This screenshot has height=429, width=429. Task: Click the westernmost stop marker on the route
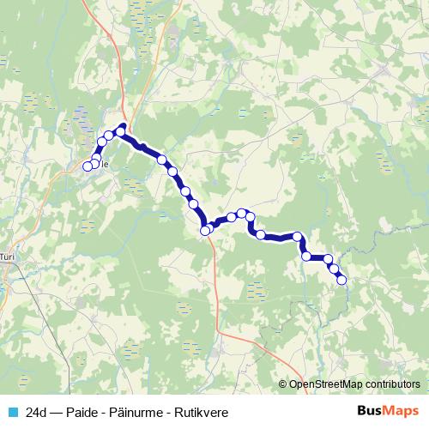click(x=87, y=166)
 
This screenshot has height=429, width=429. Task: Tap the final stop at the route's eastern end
click(x=341, y=279)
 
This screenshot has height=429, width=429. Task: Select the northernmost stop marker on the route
click(x=121, y=129)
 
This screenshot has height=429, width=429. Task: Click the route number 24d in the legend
click(x=37, y=412)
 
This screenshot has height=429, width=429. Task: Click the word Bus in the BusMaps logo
click(x=371, y=411)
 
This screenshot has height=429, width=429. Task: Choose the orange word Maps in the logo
click(x=402, y=411)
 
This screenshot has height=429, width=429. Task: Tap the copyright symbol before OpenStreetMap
click(x=282, y=384)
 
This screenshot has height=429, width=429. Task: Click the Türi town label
click(x=8, y=256)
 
